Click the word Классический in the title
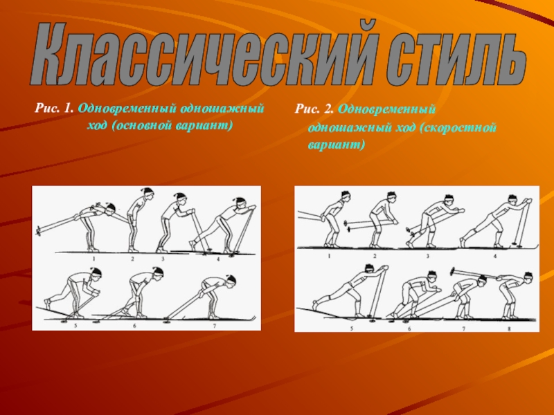tap(204, 54)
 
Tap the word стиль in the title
tap(456, 54)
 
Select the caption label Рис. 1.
tap(54, 108)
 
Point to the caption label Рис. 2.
tap(314, 109)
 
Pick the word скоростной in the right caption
tap(458, 127)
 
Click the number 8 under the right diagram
tap(509, 329)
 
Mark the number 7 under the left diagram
tap(215, 326)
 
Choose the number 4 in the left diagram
tap(218, 259)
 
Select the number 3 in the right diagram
tap(427, 256)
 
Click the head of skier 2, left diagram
tap(149, 194)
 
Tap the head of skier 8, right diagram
tap(528, 277)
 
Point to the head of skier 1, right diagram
tap(346, 196)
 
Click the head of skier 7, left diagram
tap(231, 281)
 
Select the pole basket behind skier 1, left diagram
tap(38, 231)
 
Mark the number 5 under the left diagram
tap(75, 326)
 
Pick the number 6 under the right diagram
tap(410, 329)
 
